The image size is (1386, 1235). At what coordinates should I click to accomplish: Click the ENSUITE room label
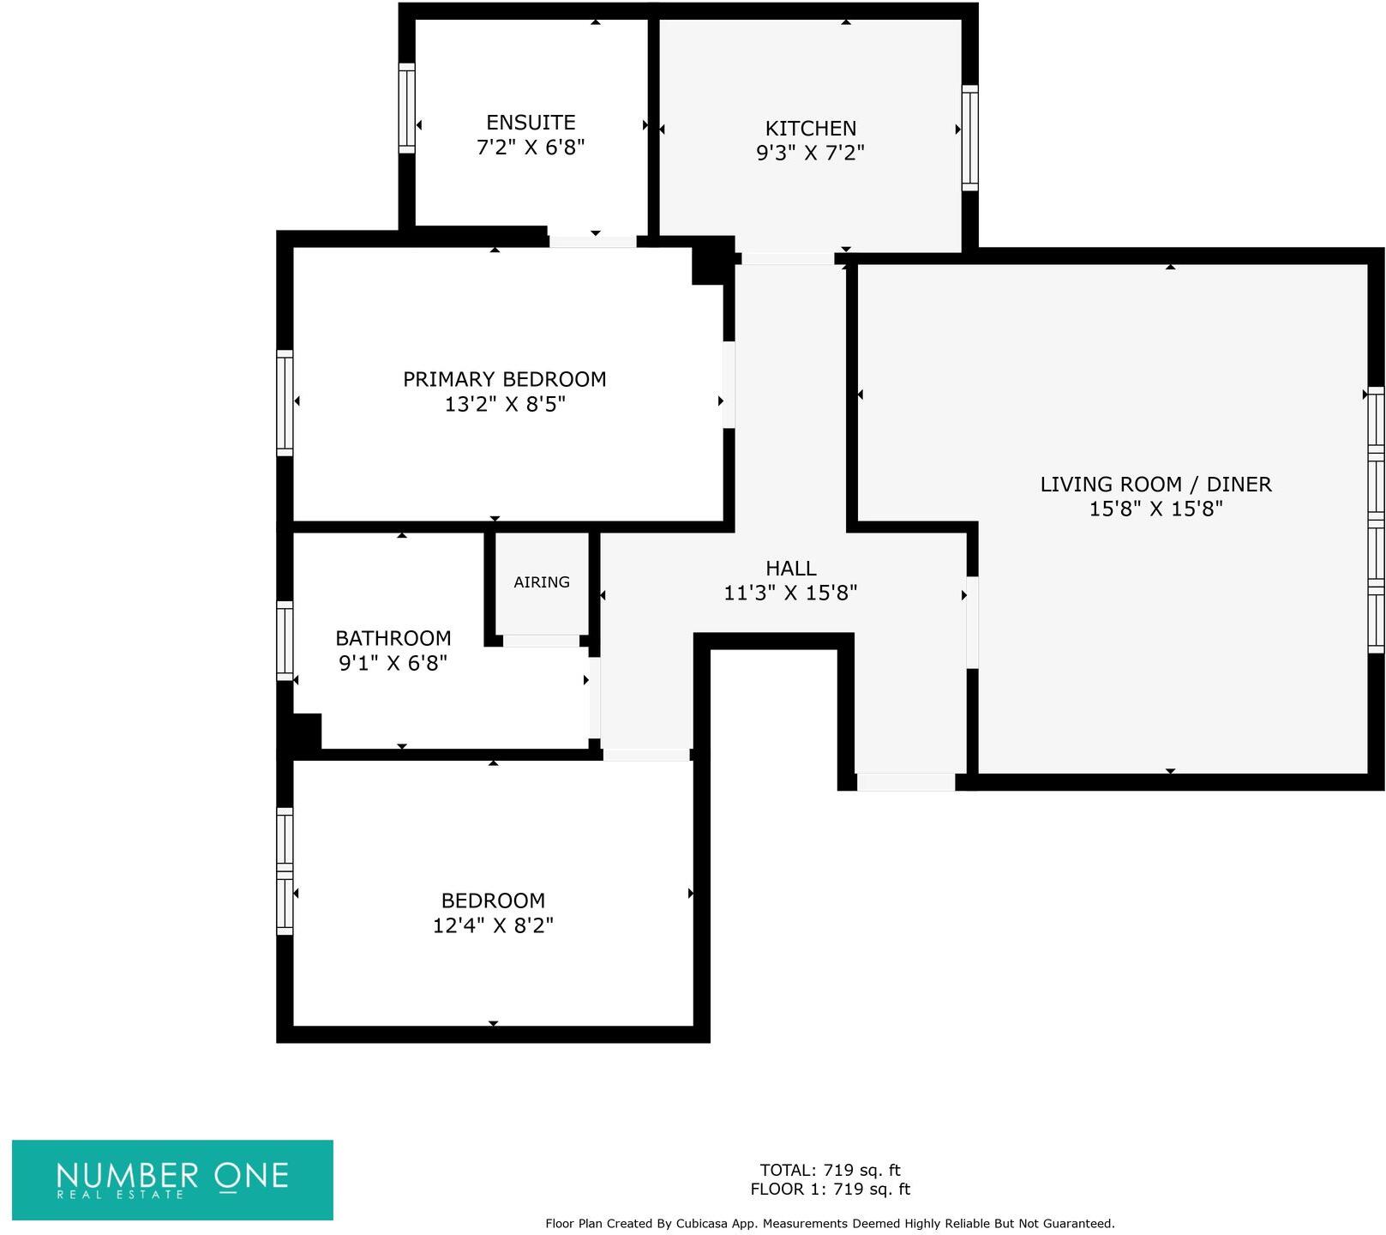(531, 123)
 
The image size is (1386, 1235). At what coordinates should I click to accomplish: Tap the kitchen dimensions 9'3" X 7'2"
(810, 153)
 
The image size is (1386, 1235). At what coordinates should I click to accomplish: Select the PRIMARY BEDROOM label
(504, 379)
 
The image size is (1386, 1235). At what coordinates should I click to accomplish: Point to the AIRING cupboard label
(542, 582)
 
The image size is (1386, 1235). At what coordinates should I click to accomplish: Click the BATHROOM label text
(393, 638)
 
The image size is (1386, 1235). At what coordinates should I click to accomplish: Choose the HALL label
(790, 568)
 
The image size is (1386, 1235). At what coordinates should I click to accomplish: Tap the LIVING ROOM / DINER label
(1155, 484)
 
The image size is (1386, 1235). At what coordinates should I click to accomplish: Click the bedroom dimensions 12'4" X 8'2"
(493, 925)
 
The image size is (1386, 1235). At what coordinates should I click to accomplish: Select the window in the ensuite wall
(407, 108)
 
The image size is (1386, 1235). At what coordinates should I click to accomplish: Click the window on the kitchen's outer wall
(969, 137)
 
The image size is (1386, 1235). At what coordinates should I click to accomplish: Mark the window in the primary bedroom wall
(285, 402)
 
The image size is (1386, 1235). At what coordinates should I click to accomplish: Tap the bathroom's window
(285, 641)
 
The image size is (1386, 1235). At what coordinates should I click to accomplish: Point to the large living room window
(1375, 519)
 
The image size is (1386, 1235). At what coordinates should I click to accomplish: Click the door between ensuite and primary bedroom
(592, 242)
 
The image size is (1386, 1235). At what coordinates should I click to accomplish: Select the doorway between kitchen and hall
(787, 258)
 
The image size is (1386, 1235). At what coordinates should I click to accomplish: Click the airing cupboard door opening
(541, 641)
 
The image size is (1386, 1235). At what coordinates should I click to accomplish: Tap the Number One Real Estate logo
(172, 1179)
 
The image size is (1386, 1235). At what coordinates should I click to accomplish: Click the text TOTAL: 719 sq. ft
(830, 1170)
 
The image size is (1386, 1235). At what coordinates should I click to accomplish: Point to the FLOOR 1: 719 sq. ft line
(830, 1190)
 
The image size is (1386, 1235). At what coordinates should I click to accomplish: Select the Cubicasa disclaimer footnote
(830, 1224)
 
